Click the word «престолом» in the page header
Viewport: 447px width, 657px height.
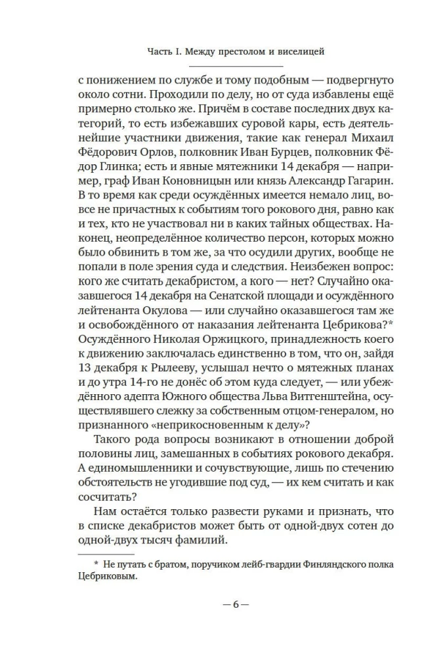click(x=234, y=50)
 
